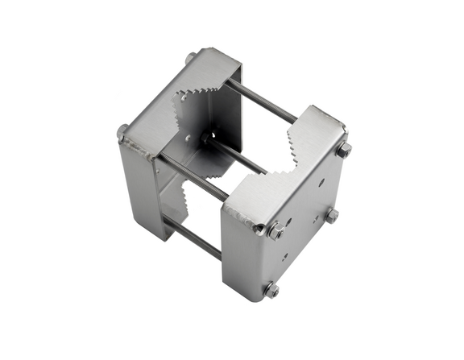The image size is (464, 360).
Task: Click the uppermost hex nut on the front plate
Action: (x=344, y=150)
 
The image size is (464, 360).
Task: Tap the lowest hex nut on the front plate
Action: (x=271, y=289)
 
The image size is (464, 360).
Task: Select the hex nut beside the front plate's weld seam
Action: (x=275, y=230)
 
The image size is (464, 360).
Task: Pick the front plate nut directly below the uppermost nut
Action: (x=331, y=215)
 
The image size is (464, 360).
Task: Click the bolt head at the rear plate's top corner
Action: (x=190, y=58)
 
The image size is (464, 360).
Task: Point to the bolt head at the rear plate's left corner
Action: (x=122, y=131)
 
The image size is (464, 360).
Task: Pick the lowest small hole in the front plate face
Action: (x=284, y=259)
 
